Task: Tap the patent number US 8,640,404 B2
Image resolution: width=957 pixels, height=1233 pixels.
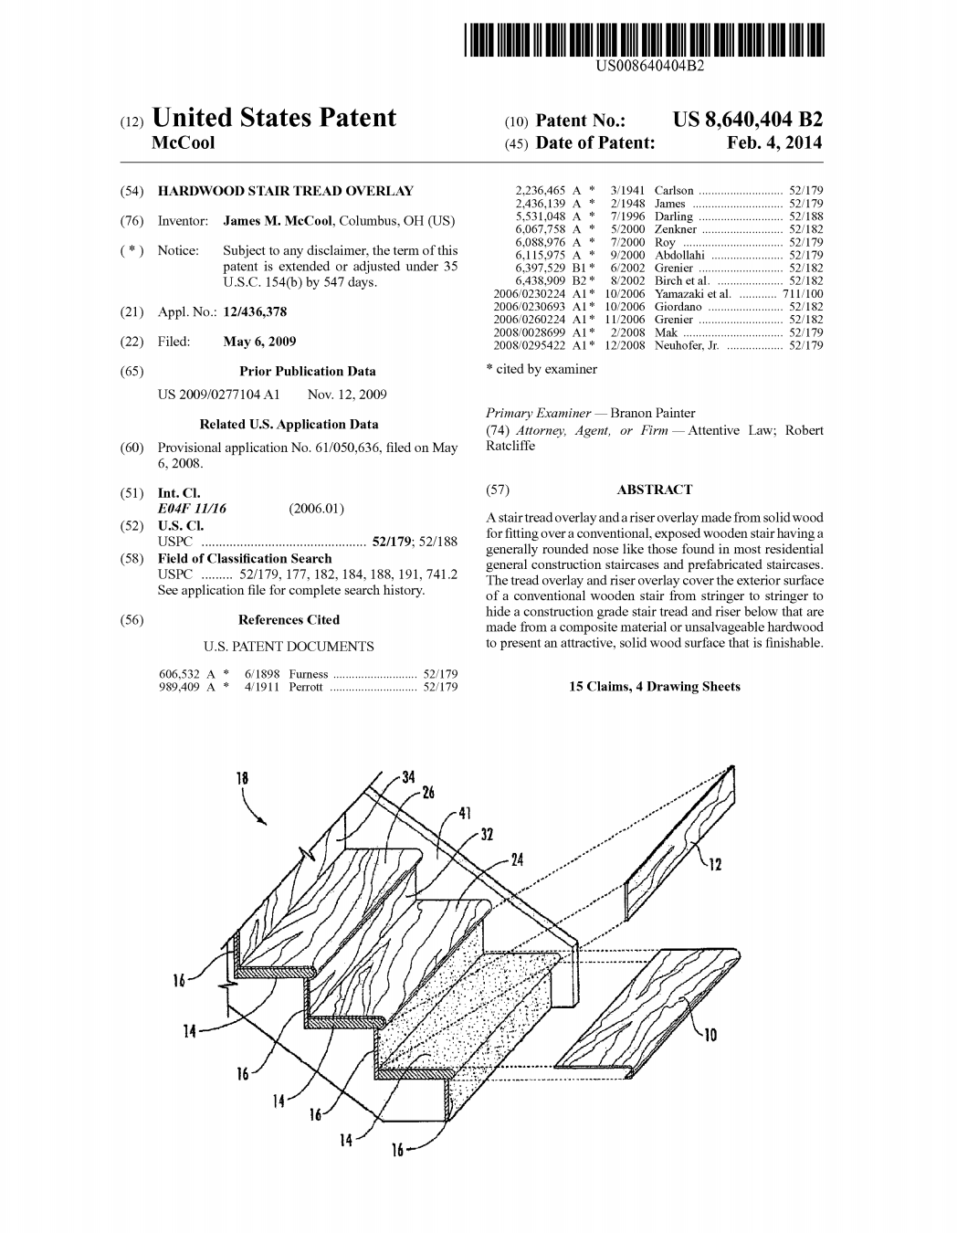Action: [x=747, y=120]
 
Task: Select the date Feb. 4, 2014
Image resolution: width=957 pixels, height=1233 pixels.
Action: [x=774, y=142]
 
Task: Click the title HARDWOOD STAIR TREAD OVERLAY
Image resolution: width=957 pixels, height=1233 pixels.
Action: [x=285, y=191]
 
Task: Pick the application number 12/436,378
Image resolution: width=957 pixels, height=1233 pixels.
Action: [x=255, y=312]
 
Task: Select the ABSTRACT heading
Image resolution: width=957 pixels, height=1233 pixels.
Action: [x=654, y=490]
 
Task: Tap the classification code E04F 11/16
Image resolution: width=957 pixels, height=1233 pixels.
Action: [x=193, y=509]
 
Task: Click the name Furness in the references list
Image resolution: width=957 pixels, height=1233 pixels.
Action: [x=308, y=674]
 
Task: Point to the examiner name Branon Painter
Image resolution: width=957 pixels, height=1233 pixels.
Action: [x=652, y=413]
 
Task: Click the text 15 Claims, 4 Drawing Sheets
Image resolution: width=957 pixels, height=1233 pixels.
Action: [x=654, y=686]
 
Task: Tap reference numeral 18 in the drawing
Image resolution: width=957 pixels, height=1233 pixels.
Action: [x=242, y=778]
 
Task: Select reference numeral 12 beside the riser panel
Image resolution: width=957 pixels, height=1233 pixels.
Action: [x=715, y=864]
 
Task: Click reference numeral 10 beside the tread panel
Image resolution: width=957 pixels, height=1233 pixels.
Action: [x=710, y=1034]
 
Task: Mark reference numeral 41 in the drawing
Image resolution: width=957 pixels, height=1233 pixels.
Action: [x=465, y=812]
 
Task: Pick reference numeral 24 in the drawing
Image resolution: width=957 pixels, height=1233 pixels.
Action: [x=517, y=859]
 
